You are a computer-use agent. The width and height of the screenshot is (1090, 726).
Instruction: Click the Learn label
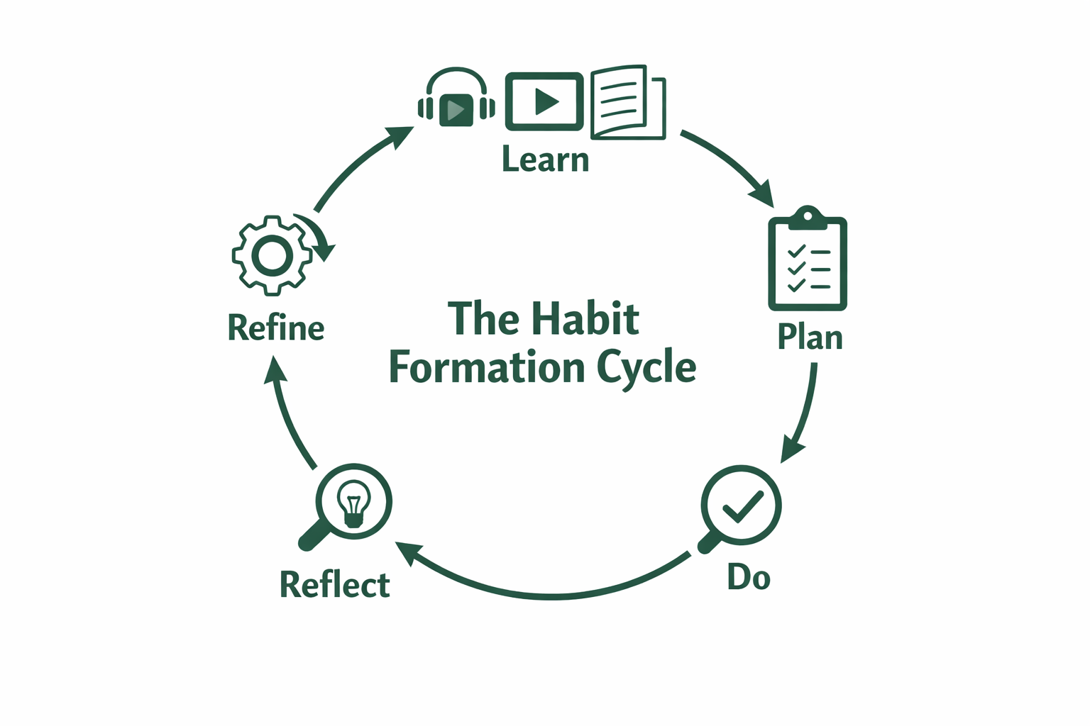coord(545,160)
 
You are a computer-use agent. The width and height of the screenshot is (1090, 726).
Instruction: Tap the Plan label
coord(810,337)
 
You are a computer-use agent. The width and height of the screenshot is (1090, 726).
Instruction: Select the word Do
coord(749,576)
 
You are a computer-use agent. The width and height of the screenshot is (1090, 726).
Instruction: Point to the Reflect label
coord(334,585)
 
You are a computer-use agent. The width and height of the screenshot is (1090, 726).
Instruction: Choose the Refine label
coord(276,328)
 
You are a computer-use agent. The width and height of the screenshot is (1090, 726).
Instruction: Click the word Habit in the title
coord(586,318)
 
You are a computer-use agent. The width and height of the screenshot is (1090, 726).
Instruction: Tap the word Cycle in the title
coord(646,367)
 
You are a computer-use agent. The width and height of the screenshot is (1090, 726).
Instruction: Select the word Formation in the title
coord(487,367)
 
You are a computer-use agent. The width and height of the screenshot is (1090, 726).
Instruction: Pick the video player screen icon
coord(544,101)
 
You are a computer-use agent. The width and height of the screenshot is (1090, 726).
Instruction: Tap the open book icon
coord(627,102)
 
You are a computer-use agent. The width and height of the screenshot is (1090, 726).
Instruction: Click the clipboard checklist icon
coord(808,261)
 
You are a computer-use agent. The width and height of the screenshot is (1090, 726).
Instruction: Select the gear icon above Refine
coord(272,255)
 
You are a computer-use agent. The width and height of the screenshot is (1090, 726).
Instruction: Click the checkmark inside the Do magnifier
coord(742,506)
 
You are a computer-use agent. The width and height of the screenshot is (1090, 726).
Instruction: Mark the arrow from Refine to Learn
coord(355,167)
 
